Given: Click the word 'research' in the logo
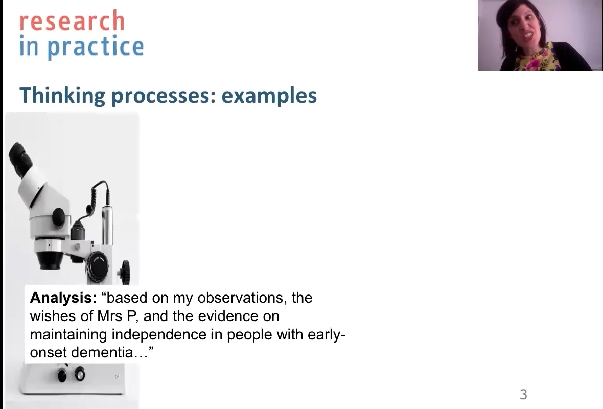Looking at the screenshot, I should pos(72,21).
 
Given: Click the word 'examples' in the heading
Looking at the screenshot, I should pos(269,96).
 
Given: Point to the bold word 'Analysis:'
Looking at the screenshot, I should pos(63,298).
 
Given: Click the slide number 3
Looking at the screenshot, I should pos(523,394).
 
